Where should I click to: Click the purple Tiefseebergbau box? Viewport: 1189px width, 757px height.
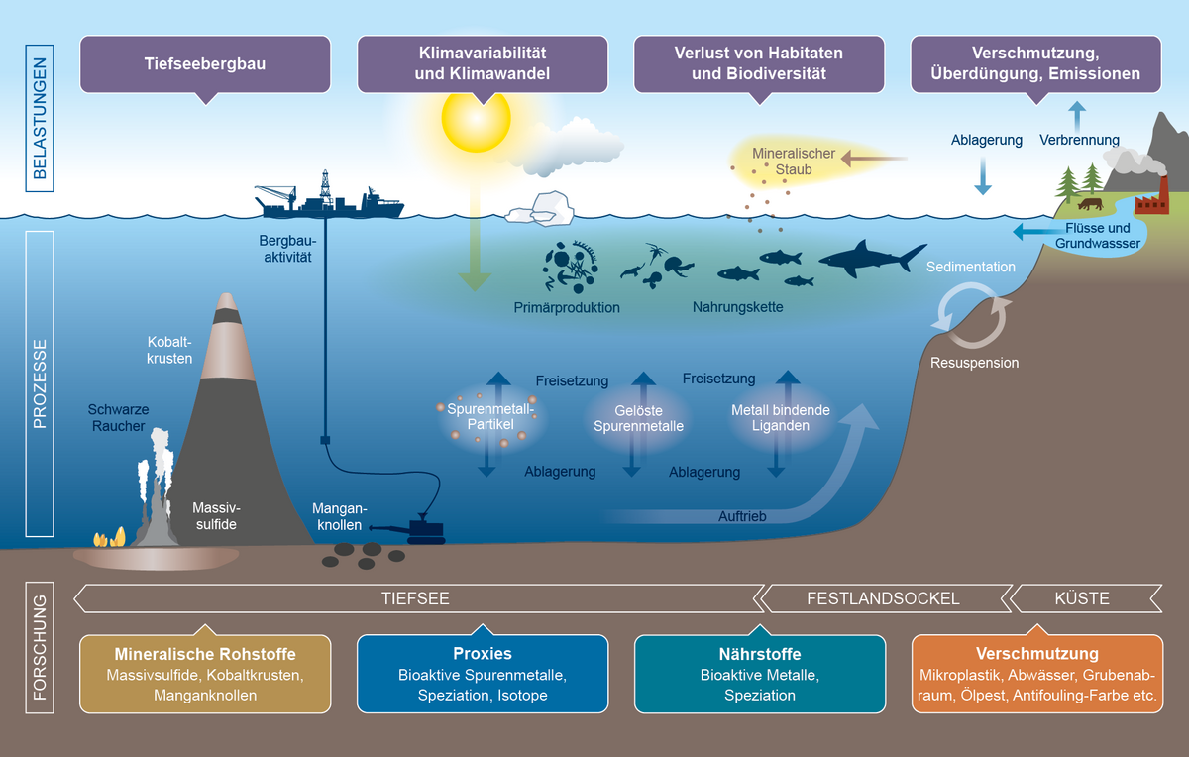(205, 64)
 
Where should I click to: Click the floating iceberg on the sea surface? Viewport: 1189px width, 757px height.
(540, 209)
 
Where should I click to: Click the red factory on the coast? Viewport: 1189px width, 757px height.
(1150, 203)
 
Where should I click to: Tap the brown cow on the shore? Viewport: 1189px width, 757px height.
(1090, 204)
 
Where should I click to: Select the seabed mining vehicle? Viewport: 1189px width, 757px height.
(421, 531)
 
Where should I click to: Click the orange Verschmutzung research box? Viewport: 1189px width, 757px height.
(1036, 674)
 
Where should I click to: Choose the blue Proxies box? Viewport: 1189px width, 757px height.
(483, 674)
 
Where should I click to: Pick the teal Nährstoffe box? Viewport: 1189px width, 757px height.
(760, 674)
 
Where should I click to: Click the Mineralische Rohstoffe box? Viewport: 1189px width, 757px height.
(205, 674)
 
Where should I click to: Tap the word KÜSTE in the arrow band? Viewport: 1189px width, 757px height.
(1082, 598)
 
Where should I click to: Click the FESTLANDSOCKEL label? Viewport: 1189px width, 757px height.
(883, 598)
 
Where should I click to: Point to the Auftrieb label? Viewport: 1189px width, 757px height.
(743, 516)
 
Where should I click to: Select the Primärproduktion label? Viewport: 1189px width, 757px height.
(567, 307)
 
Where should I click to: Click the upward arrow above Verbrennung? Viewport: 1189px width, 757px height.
(1078, 113)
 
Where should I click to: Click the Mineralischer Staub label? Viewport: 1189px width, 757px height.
(794, 162)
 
